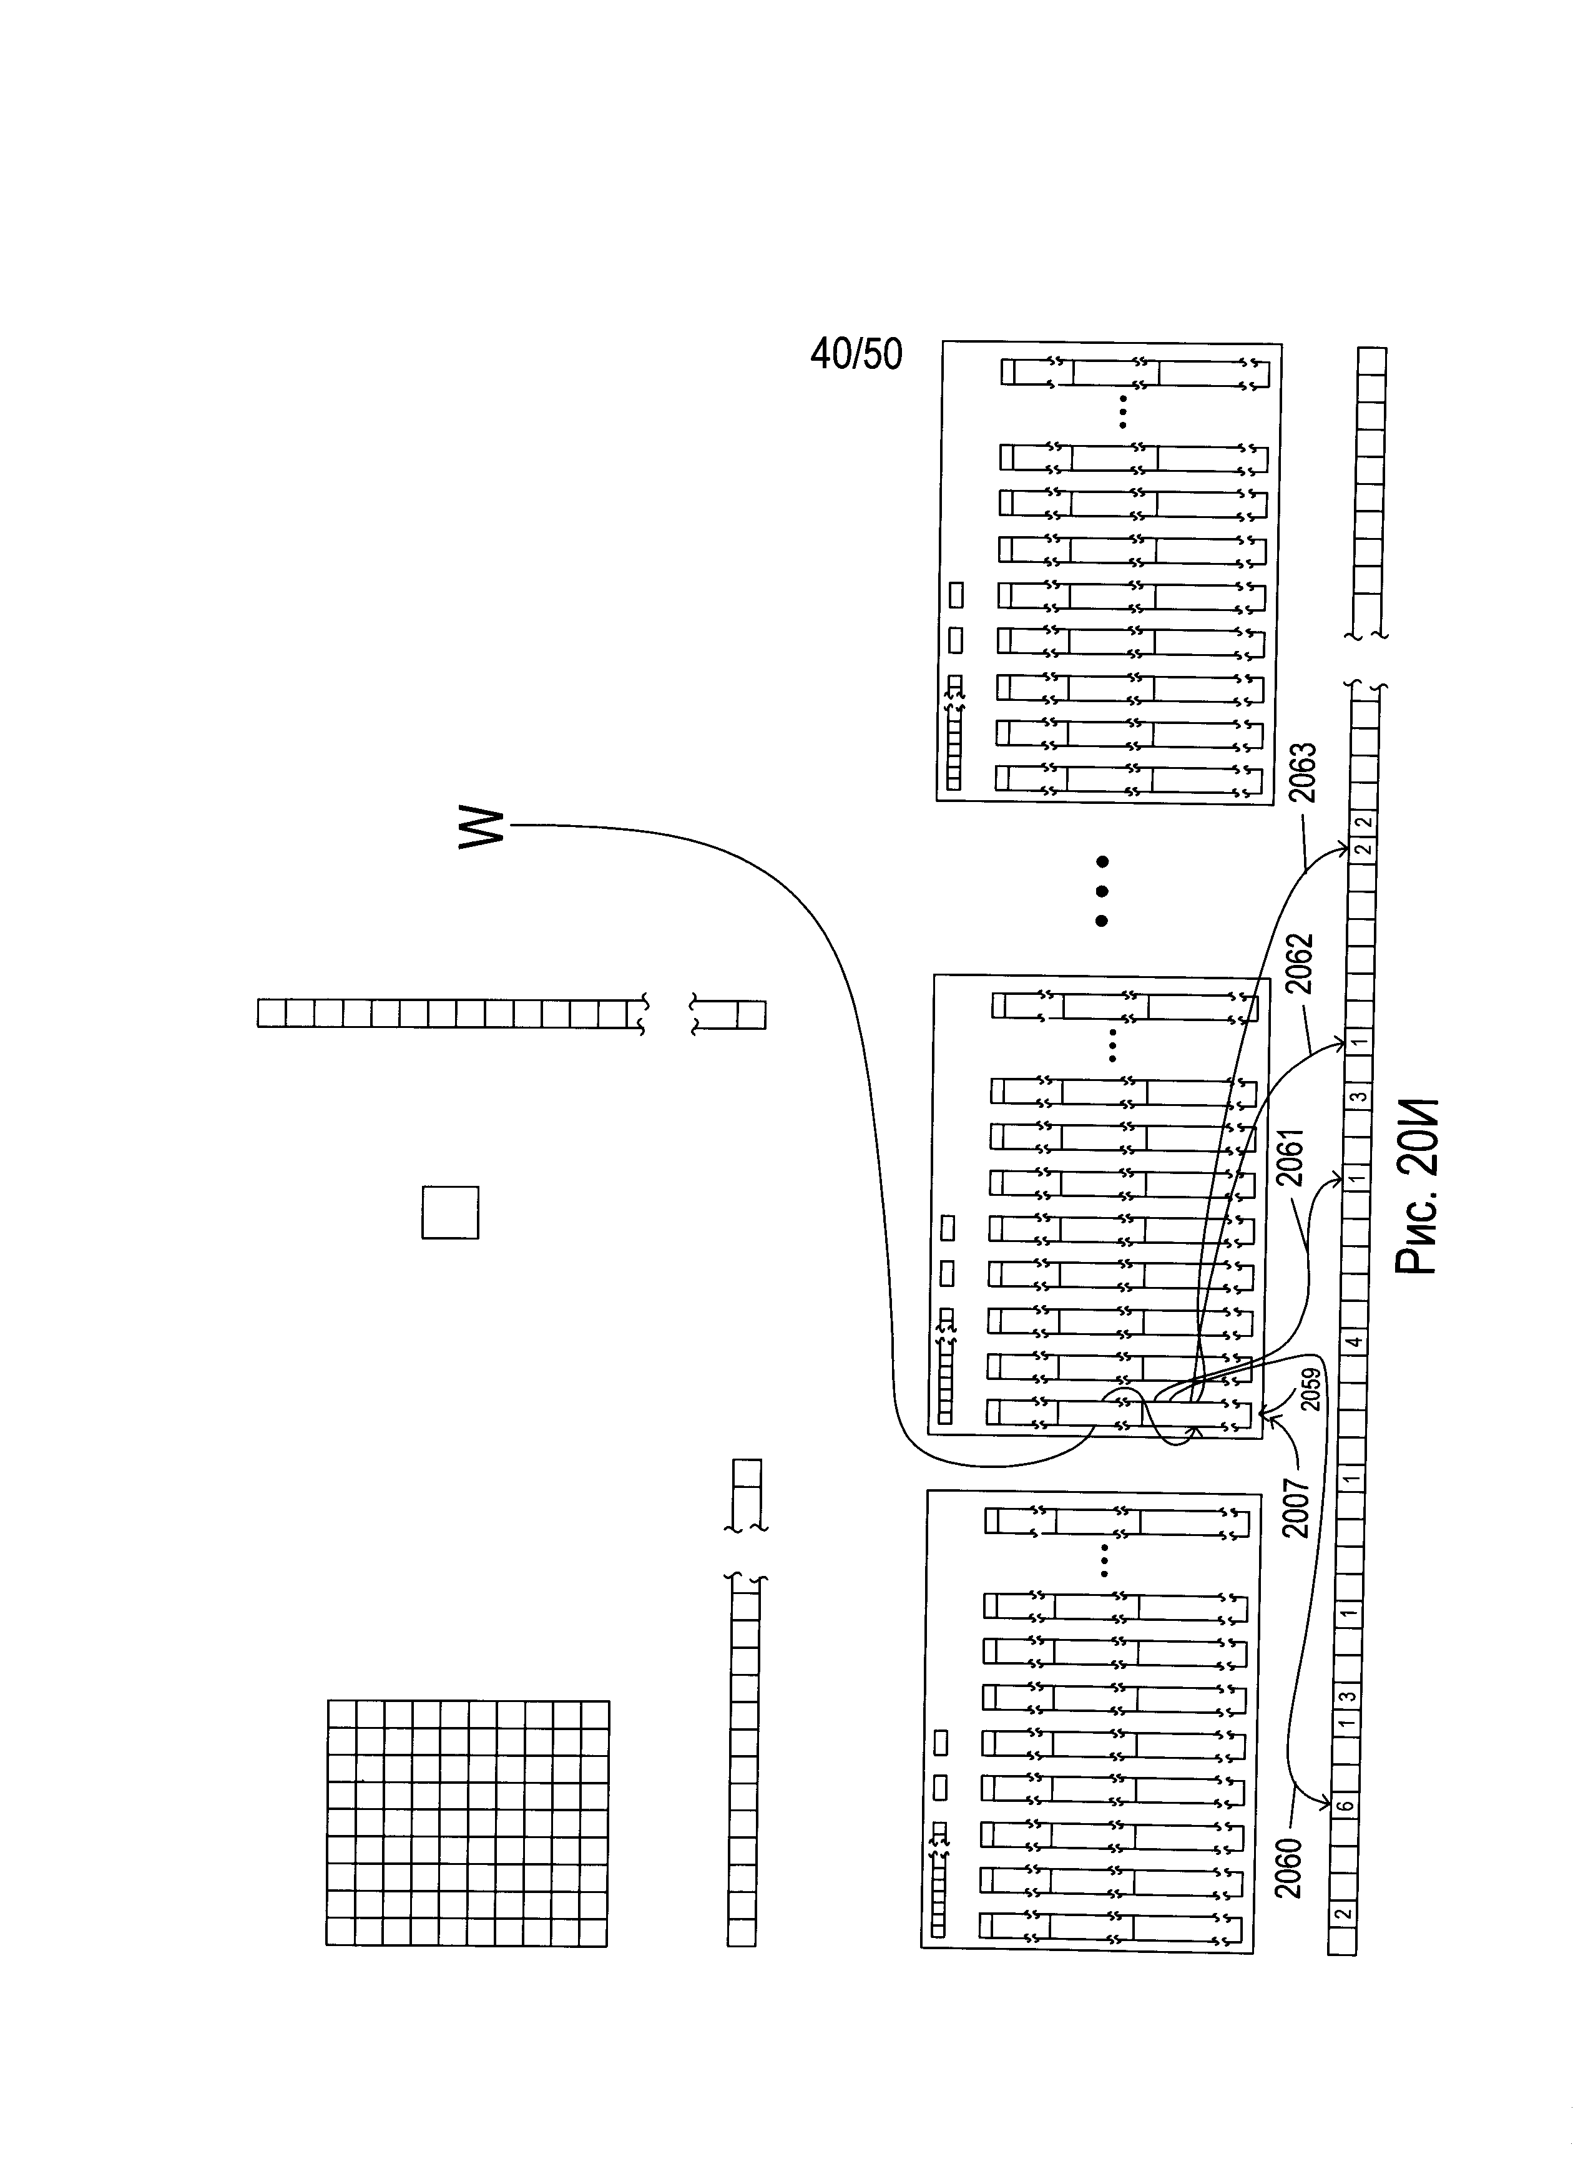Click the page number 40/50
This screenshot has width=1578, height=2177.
pos(856,355)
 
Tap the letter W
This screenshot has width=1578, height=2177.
pos(481,828)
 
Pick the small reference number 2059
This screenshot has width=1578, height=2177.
pos(1309,1389)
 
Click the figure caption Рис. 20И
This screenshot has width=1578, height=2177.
pos(1418,1186)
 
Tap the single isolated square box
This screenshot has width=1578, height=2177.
pos(450,1212)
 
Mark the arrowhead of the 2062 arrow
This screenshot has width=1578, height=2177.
pos(1342,1042)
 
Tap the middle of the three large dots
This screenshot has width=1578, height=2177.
pos(1102,891)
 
